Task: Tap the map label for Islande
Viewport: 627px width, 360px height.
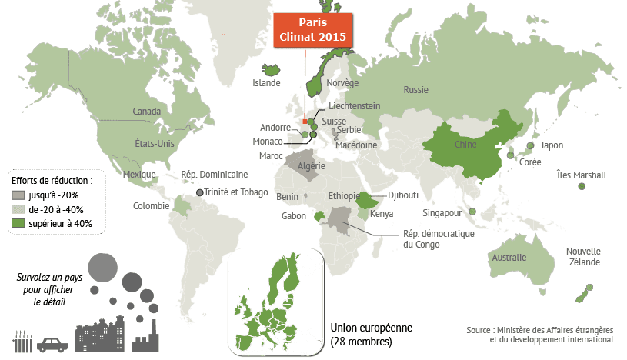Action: click(x=267, y=84)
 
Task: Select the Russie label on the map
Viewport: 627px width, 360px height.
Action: click(x=415, y=90)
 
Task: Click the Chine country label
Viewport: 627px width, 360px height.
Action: click(x=465, y=144)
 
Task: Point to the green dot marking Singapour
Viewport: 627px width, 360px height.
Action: click(x=470, y=212)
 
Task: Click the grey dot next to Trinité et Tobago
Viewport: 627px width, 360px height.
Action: click(x=201, y=192)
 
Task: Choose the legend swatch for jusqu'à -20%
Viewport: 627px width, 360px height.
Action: click(x=18, y=195)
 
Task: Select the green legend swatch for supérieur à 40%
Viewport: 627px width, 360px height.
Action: click(x=18, y=223)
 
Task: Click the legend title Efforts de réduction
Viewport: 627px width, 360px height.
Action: click(x=52, y=181)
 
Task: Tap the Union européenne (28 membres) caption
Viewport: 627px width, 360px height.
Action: click(x=371, y=334)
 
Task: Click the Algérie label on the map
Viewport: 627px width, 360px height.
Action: click(x=312, y=165)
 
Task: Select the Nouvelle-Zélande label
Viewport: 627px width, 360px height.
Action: click(x=585, y=258)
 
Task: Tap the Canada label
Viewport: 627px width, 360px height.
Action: click(x=146, y=112)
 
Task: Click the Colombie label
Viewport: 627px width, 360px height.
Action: click(x=152, y=205)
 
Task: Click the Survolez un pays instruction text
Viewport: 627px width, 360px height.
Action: click(x=47, y=289)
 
